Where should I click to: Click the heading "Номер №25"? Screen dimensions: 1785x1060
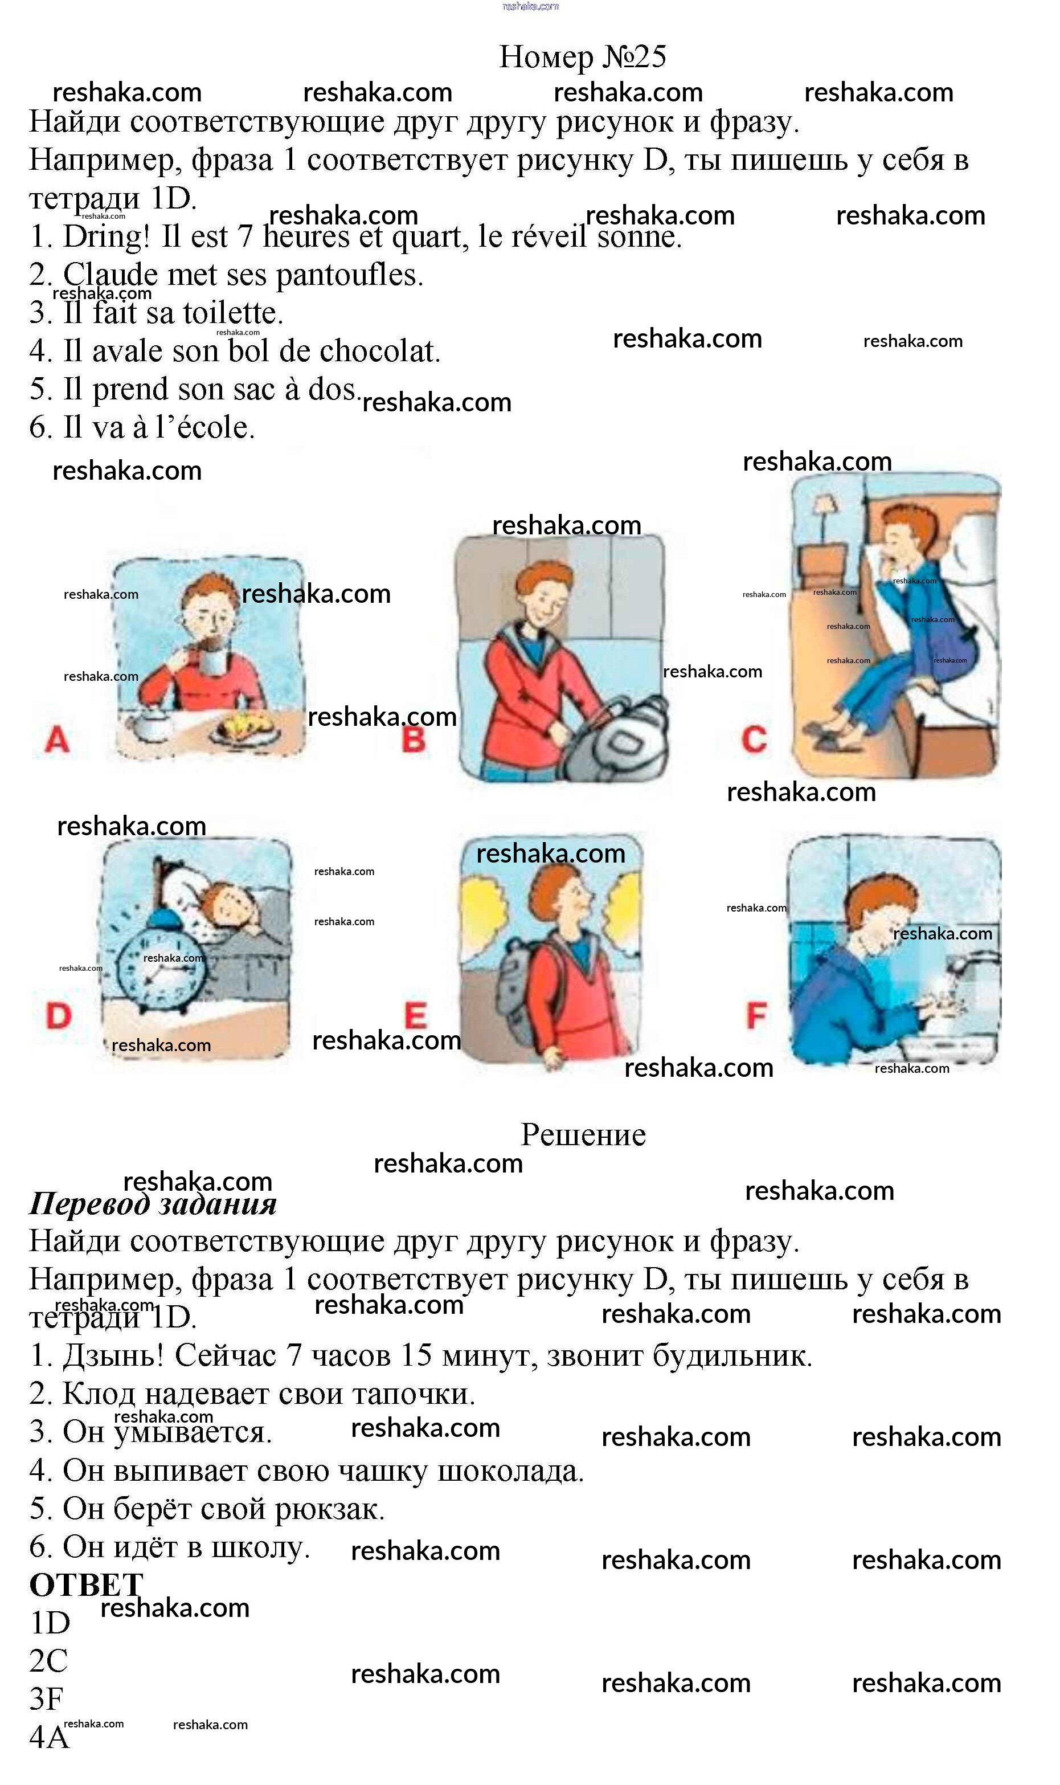[582, 56]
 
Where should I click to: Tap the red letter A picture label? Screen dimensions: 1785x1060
[57, 740]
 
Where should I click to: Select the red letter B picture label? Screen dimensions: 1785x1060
[414, 740]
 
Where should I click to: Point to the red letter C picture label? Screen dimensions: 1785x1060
[754, 740]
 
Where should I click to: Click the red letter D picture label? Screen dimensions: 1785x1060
[59, 1016]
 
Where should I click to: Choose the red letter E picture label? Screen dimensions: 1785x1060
[416, 1016]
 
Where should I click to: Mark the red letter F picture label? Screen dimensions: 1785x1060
[756, 1015]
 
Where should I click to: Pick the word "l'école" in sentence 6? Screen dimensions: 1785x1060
[205, 428]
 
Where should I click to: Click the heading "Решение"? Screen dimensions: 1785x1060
[583, 1135]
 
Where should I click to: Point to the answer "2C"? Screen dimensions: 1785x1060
[48, 1661]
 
